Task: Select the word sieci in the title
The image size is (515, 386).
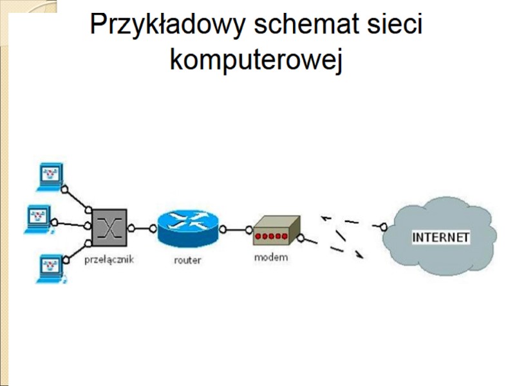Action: [x=392, y=26]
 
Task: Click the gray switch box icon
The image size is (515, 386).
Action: [x=110, y=227]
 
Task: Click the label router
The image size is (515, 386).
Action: [x=187, y=261]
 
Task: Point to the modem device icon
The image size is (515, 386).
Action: [x=276, y=231]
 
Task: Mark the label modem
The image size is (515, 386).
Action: [x=271, y=257]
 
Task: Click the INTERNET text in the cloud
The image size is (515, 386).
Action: [x=441, y=237]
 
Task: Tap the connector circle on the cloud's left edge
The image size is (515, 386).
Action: [x=382, y=226]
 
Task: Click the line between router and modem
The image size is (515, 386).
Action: [x=237, y=229]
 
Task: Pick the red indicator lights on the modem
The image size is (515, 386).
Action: [x=270, y=237]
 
